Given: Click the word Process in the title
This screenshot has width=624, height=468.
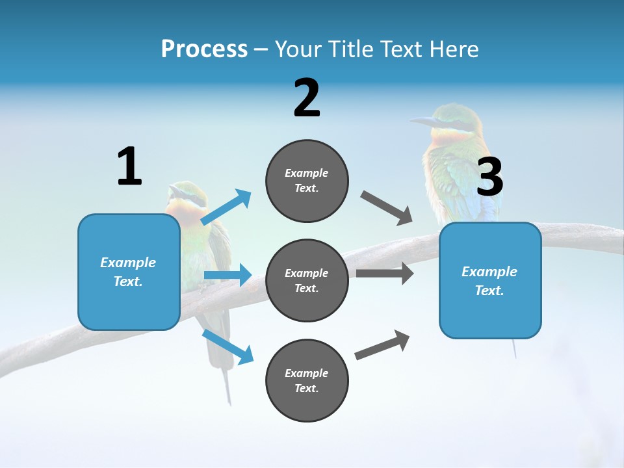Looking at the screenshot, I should click(204, 49).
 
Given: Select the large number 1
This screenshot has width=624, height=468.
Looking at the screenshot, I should click(129, 167).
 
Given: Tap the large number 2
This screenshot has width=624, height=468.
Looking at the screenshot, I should click(307, 98).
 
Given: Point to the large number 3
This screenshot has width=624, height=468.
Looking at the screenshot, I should click(490, 177).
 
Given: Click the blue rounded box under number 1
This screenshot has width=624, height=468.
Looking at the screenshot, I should click(129, 272).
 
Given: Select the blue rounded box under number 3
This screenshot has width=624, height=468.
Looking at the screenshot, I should click(490, 281).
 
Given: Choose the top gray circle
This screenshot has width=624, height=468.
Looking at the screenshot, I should click(307, 181).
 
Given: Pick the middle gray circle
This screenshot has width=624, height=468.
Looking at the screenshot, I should click(307, 281).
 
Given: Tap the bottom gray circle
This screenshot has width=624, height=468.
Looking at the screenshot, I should click(307, 381).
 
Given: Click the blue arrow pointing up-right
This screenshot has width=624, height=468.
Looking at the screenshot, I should click(226, 207).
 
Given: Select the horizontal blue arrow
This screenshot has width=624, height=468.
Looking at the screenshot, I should click(227, 275).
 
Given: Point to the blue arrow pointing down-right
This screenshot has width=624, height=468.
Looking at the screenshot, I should click(227, 346).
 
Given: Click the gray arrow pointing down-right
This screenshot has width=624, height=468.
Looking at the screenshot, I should click(387, 208).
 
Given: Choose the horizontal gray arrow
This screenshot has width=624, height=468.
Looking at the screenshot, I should click(385, 273).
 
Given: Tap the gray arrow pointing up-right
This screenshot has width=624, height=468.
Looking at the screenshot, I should click(382, 345).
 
